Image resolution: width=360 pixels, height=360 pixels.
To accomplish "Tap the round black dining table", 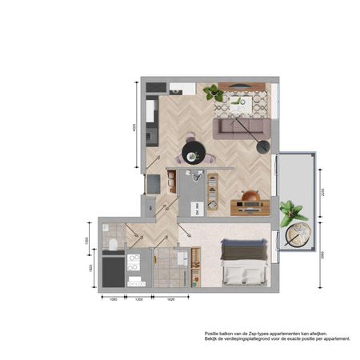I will click(x=193, y=150).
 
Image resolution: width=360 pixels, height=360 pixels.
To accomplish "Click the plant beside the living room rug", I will click(x=214, y=92).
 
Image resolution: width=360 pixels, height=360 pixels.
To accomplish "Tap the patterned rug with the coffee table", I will click(x=245, y=102).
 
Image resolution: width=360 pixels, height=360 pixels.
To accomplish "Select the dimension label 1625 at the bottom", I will click(x=170, y=298).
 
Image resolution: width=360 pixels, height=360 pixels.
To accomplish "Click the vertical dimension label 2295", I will click(x=323, y=192).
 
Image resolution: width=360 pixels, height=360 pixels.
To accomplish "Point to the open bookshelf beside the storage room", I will click(x=212, y=190).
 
